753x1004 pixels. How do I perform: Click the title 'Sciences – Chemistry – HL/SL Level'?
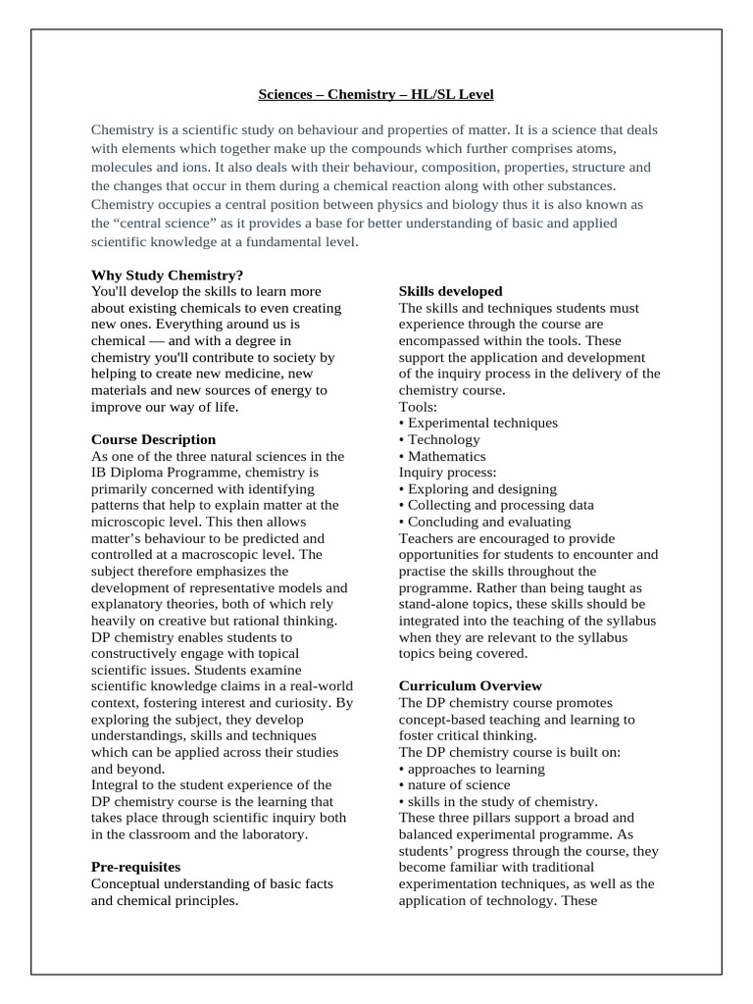pos(376,95)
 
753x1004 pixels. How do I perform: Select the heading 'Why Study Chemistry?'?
pos(167,275)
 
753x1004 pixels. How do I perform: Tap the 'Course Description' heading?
pos(153,439)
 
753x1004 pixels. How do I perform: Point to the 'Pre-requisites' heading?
pos(135,867)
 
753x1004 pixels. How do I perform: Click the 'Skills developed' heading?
pos(450,291)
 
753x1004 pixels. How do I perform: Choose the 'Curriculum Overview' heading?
pos(471,685)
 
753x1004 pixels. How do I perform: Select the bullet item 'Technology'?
pos(443,439)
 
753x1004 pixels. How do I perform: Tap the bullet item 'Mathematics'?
pos(446,456)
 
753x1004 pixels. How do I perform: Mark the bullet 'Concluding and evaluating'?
pos(487,522)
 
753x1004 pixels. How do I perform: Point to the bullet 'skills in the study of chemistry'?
pos(502,801)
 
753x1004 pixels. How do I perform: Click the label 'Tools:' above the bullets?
pos(419,406)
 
